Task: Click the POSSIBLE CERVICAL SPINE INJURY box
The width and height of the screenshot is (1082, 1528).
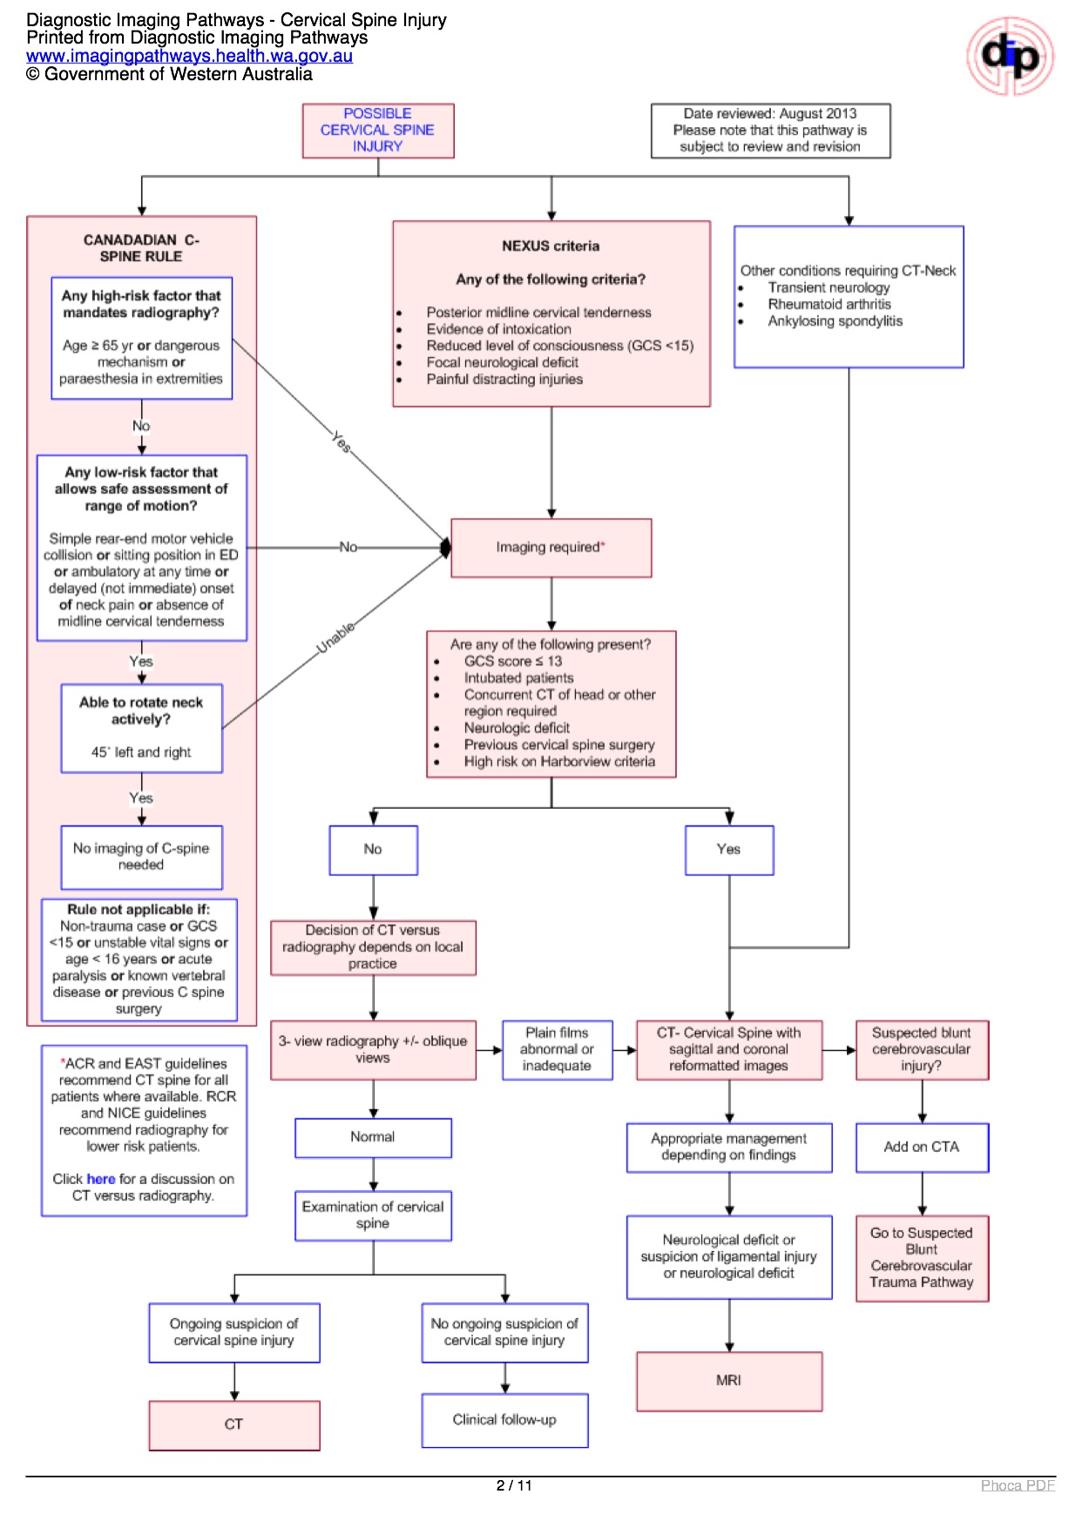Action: tap(378, 131)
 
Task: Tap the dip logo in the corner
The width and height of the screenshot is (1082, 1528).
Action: tap(1010, 57)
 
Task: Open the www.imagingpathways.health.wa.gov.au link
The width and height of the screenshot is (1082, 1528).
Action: tap(189, 56)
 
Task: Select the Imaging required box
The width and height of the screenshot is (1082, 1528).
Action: tap(551, 548)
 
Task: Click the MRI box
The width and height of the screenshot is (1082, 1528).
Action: tap(729, 1381)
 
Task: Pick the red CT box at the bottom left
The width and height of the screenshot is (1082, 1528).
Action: tap(233, 1424)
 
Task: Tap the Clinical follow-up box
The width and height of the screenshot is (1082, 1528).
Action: tap(504, 1420)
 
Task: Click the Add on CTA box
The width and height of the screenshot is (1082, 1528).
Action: tap(922, 1148)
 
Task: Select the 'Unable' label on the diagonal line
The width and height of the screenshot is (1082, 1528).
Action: tap(335, 637)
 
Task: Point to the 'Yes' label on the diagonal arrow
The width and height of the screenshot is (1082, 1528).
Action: tap(342, 442)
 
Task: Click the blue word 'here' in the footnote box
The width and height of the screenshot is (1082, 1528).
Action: tap(101, 1179)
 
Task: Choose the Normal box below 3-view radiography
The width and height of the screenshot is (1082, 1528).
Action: tap(373, 1137)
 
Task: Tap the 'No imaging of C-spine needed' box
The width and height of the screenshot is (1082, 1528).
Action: tap(141, 857)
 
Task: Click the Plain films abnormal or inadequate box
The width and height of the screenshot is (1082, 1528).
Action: tap(557, 1049)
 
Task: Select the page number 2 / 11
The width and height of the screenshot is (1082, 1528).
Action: tap(514, 1485)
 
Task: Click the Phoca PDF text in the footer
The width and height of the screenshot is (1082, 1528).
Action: tap(1018, 1485)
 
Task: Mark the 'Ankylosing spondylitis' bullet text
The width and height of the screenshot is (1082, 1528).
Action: tap(835, 321)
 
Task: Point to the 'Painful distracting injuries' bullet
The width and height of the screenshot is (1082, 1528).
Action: tap(504, 380)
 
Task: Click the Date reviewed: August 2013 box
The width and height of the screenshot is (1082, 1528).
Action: tap(770, 131)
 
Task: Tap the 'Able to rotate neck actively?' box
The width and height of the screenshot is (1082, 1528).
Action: tap(141, 728)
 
